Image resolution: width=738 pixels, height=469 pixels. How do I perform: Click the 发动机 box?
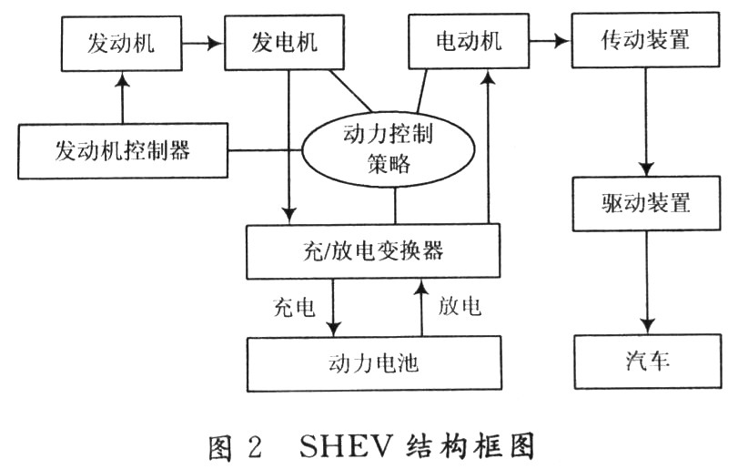click(121, 44)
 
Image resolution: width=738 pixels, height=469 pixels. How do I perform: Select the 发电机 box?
click(284, 43)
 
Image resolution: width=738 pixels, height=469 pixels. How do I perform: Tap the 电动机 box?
click(469, 41)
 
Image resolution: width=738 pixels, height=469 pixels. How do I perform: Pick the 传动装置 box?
click(645, 40)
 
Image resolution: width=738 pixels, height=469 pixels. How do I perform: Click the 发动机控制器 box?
click(123, 151)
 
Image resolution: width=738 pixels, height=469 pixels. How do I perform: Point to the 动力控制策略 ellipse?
click(388, 148)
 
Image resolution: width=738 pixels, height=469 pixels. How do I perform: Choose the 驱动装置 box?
click(646, 203)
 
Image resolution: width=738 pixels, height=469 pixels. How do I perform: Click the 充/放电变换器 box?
click(373, 251)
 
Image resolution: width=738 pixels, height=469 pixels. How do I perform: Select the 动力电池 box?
click(374, 363)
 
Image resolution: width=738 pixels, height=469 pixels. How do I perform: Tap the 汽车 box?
click(648, 362)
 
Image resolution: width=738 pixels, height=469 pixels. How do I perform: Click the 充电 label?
click(294, 308)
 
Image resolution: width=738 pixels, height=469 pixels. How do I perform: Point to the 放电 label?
click(460, 306)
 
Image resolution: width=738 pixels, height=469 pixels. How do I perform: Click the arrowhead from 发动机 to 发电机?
click(215, 44)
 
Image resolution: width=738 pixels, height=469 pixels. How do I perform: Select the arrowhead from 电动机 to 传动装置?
click(562, 41)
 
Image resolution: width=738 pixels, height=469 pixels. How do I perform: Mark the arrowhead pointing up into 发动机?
click(123, 79)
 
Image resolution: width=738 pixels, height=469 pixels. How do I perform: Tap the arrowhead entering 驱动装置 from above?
click(646, 169)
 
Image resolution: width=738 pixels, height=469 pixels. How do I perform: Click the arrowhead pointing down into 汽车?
click(648, 327)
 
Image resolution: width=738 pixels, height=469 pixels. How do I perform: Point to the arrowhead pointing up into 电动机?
click(490, 76)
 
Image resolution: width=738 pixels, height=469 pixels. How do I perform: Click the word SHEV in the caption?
click(346, 446)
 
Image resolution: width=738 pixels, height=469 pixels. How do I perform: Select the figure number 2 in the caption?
click(255, 446)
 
